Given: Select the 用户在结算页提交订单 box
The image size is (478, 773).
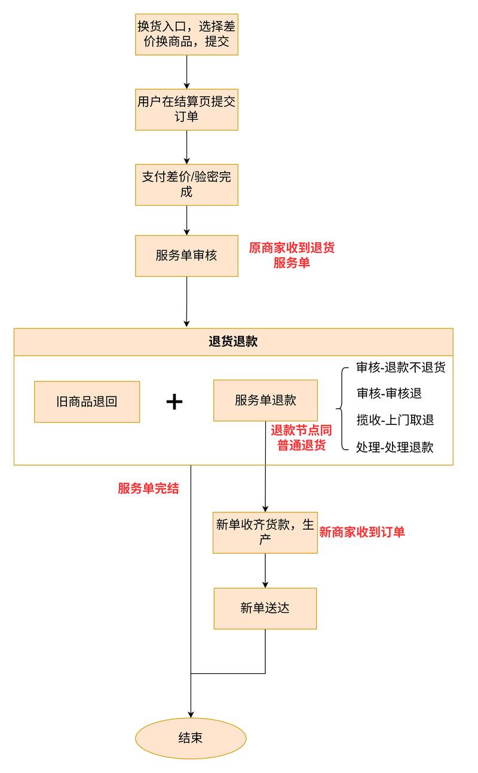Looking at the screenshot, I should pos(186,109).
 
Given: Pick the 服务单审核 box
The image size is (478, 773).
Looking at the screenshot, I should pos(186,256).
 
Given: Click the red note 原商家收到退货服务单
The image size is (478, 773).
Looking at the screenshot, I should pos(292,255).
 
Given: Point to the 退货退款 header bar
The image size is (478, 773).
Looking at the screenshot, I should pos(233,342).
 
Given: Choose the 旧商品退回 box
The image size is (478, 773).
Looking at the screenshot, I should pos(87,402).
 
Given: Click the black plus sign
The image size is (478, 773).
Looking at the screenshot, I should pos(174,402).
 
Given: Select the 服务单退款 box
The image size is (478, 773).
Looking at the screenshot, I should pos(265,401).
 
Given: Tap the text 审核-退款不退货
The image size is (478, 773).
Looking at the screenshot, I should pos(400,367).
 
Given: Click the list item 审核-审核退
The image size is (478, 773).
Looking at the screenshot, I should pos(389,393).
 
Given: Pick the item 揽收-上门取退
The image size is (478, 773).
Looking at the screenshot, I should pos(394,420).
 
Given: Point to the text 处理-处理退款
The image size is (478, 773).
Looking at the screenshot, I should pos(394,447).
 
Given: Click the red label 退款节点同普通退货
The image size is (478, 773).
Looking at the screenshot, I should pos(301,438).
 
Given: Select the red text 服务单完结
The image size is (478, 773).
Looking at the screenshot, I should pos(148,488).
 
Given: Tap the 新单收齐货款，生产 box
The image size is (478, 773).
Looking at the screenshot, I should pos(265,532).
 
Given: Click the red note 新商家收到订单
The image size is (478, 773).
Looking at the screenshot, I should pos(362,532).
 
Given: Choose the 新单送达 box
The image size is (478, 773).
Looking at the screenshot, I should pos(265,609).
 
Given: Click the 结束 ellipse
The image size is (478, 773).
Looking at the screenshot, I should pos(191,738).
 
